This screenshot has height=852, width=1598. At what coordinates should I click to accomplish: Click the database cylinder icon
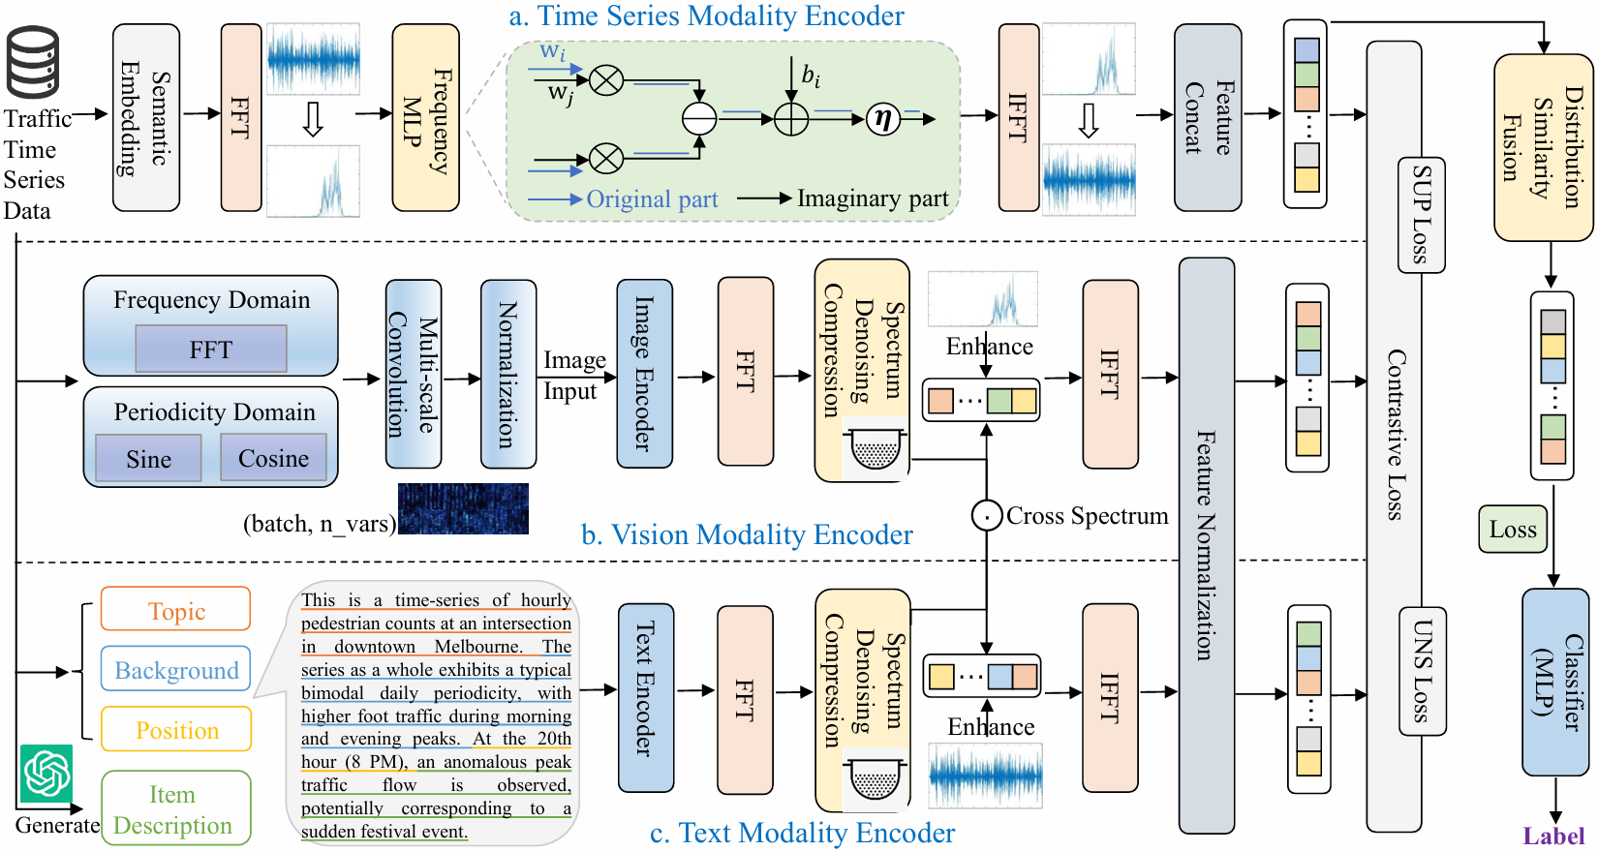pos(34,62)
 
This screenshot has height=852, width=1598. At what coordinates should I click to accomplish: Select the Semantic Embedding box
pos(146,117)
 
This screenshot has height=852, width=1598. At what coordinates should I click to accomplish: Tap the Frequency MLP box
pos(425,117)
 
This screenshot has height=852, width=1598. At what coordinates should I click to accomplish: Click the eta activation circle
pos(882,118)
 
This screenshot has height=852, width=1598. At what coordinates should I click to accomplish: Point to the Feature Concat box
pos(1208,117)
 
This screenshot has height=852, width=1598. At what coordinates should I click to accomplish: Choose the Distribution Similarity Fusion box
pos(1543,147)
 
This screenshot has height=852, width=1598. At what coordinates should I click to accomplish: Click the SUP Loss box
pos(1422,214)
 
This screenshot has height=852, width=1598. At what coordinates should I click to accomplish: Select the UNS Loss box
pos(1422,671)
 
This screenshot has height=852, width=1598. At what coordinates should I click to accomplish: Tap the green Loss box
pos(1513,530)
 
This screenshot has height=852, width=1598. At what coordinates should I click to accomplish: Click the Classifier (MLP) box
pos(1554,682)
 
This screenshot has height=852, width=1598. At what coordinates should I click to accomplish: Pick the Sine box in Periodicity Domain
pos(148,459)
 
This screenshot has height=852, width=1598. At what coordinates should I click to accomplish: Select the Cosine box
pos(273,458)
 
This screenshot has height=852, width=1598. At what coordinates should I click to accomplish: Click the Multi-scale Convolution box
pos(414,374)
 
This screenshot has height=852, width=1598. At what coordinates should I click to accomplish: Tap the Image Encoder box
pos(644,374)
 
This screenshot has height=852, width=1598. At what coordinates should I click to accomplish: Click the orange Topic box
pos(175,610)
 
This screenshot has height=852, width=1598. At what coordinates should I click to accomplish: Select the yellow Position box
pos(175,730)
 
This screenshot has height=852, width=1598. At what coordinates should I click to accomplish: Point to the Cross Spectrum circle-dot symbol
pos(986,516)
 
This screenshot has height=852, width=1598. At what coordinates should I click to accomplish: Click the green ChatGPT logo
pos(46,773)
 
